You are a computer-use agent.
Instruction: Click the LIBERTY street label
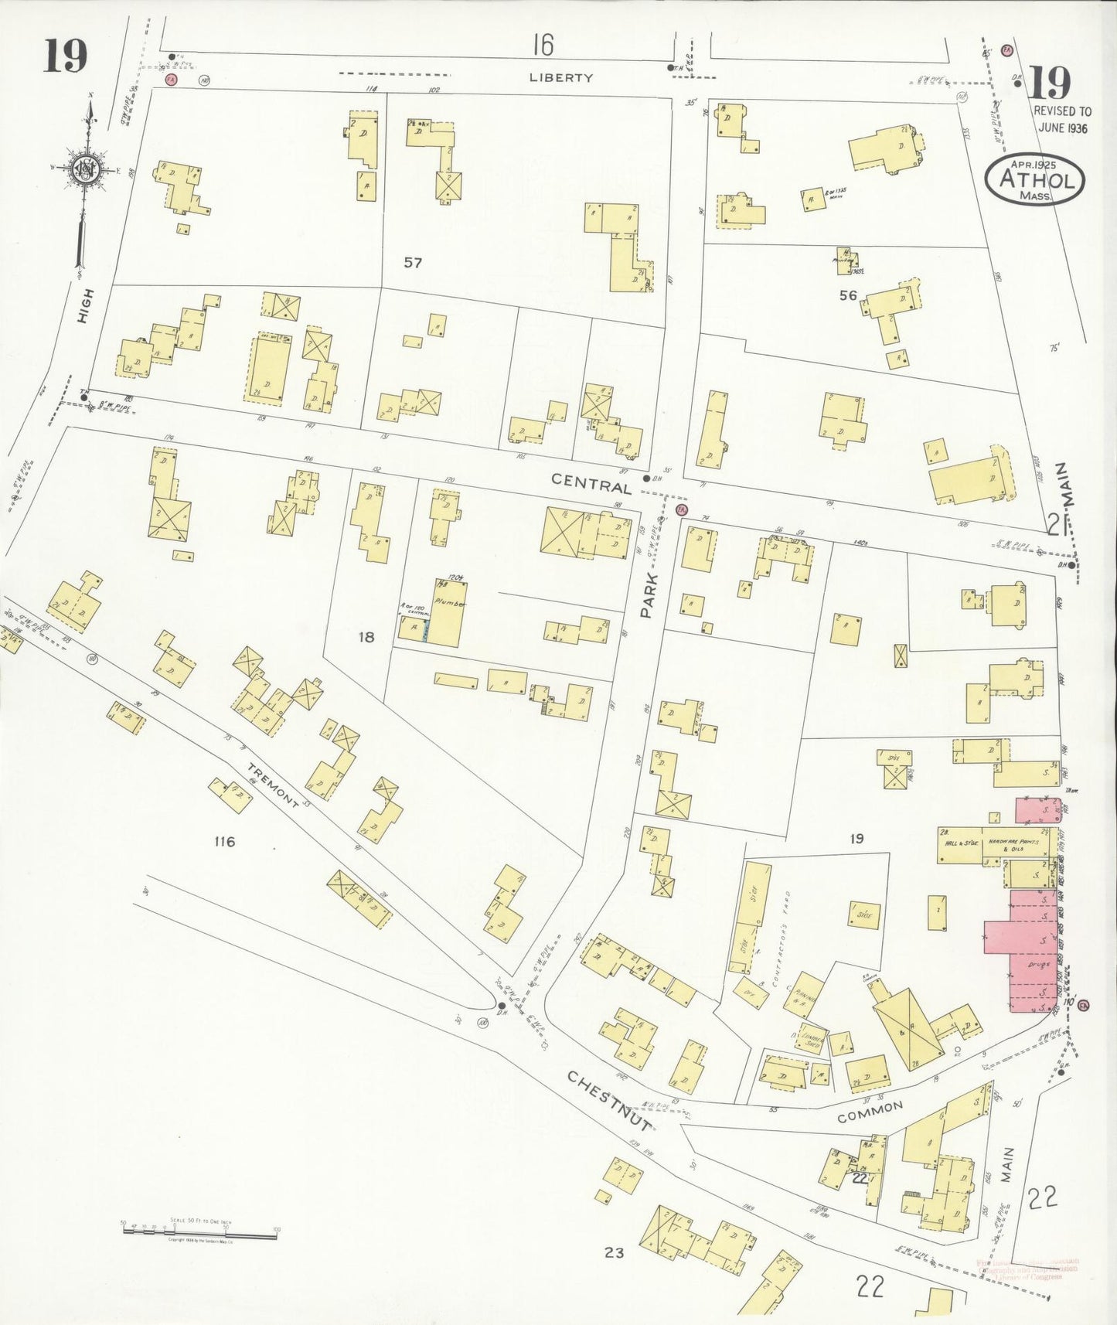pyautogui.click(x=561, y=77)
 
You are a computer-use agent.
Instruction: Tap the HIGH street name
pyautogui.click(x=87, y=306)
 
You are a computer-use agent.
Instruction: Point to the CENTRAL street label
pyautogui.click(x=591, y=485)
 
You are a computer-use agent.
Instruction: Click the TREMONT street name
pyautogui.click(x=274, y=785)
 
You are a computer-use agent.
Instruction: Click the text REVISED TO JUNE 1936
pyautogui.click(x=1062, y=120)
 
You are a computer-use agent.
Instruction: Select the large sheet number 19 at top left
pyautogui.click(x=65, y=56)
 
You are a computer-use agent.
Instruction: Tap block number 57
pyautogui.click(x=413, y=263)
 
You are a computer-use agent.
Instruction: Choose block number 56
pyautogui.click(x=848, y=295)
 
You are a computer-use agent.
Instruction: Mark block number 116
pyautogui.click(x=224, y=841)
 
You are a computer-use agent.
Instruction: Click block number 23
pyautogui.click(x=614, y=1252)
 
